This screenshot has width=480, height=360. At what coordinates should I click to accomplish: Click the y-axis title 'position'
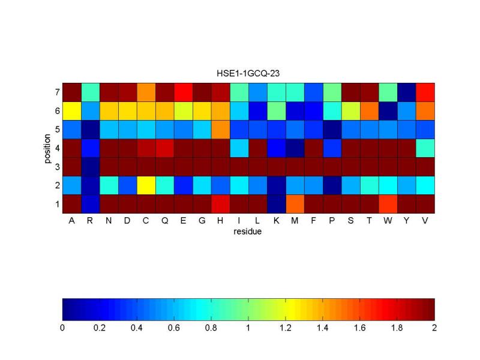pos(47,148)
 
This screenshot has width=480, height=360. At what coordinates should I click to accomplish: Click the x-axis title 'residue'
pos(248,231)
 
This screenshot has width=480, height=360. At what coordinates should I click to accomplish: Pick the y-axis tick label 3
pos(56,167)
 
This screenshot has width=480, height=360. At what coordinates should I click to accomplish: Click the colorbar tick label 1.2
pos(286,328)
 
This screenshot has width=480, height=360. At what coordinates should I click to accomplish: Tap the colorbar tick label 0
pos(62,328)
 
